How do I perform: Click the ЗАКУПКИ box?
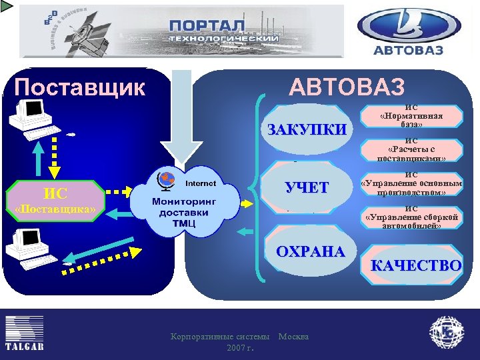coord(306,129)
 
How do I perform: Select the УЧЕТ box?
coord(306,187)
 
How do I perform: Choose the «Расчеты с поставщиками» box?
coord(411,150)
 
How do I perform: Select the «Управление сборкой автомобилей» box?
coord(411,217)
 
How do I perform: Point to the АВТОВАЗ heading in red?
coord(346,87)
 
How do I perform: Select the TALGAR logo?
coord(25,333)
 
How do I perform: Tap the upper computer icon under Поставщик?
coord(31,117)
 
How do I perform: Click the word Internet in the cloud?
coord(200,182)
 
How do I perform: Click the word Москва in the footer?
coord(293,337)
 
